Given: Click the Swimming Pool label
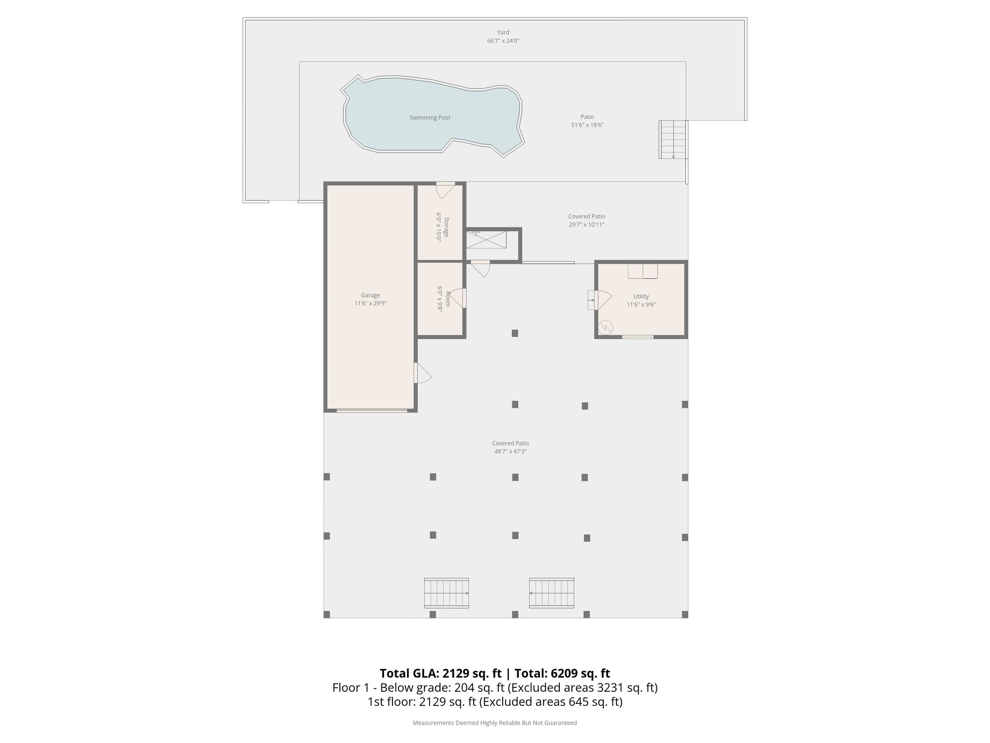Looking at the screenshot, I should coord(429,118).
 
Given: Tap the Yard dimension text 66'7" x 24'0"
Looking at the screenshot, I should coord(503,41).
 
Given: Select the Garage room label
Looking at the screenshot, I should coord(370,295).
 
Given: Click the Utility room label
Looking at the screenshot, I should coord(641,297).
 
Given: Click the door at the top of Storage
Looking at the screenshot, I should coord(445,190).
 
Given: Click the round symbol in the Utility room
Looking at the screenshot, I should coord(605,327).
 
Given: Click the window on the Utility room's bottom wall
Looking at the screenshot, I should coord(637,337).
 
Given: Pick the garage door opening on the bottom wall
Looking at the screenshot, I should coord(372,411).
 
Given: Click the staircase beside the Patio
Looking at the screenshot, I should coord(673,139).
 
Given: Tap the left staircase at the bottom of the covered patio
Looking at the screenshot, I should coord(446,593).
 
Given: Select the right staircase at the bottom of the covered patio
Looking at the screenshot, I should coord(552,593).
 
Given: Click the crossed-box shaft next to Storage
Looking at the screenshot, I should coord(486,240).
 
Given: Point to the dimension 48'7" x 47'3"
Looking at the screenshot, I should coord(510,451).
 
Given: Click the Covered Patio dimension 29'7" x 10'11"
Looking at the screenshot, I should coord(586,224).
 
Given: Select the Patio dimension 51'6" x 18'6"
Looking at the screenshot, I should coord(587,125).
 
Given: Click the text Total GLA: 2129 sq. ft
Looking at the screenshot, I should coord(440,673).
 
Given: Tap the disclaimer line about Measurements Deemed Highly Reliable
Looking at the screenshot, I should coord(495,723).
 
